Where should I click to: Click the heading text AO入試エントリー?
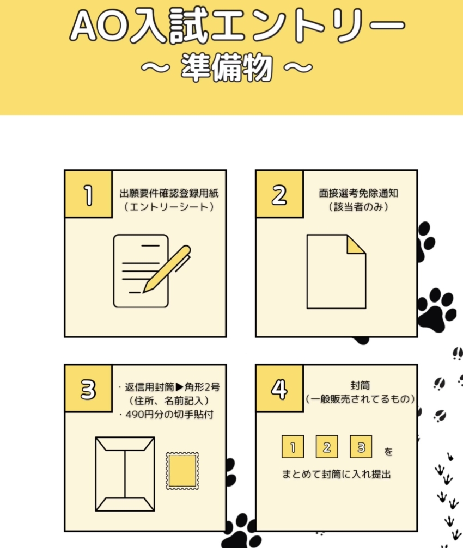tap(237, 26)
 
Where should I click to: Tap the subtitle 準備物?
tap(227, 67)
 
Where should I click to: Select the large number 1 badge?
tap(88, 194)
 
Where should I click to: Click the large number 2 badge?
tap(279, 194)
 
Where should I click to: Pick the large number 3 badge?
tap(88, 389)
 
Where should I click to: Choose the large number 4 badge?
tap(279, 389)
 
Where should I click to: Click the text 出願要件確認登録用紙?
tap(169, 193)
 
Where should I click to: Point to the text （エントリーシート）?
tap(169, 207)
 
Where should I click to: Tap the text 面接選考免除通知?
tap(358, 193)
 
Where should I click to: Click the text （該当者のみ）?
tap(358, 207)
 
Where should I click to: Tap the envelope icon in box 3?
tap(125, 474)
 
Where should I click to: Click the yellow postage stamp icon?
tap(182, 471)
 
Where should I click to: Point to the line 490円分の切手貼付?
tap(167, 415)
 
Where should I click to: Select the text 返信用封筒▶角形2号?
tap(169, 387)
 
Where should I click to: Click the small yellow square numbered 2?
tap(327, 447)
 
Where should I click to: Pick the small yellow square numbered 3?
tap(361, 447)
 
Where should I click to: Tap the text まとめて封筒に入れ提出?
tap(337, 474)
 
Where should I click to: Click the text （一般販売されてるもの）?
tap(360, 399)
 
